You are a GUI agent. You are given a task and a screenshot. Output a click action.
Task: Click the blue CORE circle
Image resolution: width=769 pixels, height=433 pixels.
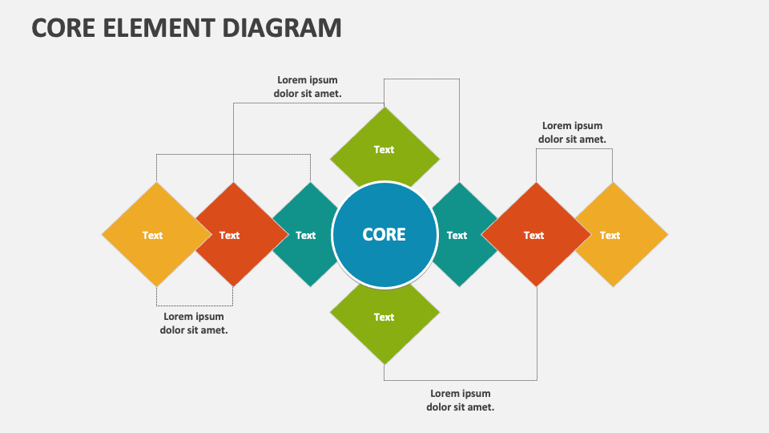384,235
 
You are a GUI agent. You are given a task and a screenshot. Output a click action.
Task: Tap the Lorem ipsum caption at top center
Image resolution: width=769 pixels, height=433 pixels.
308,87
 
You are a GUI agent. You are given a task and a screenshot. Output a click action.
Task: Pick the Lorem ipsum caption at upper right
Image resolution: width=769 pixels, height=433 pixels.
572,132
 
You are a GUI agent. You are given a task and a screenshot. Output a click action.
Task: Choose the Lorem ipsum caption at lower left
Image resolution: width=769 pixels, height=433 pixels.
194,323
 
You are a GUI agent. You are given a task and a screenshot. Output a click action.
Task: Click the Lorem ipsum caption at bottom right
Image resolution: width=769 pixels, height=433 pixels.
460,400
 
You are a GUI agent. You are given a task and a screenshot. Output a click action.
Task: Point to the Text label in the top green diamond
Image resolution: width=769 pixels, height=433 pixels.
384,149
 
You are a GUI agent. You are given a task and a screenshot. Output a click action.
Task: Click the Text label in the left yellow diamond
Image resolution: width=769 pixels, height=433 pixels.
152,235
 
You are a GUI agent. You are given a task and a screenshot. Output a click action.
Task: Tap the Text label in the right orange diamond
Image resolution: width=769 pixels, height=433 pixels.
533,235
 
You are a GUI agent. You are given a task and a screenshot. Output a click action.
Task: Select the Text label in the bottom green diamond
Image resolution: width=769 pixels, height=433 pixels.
384,317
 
